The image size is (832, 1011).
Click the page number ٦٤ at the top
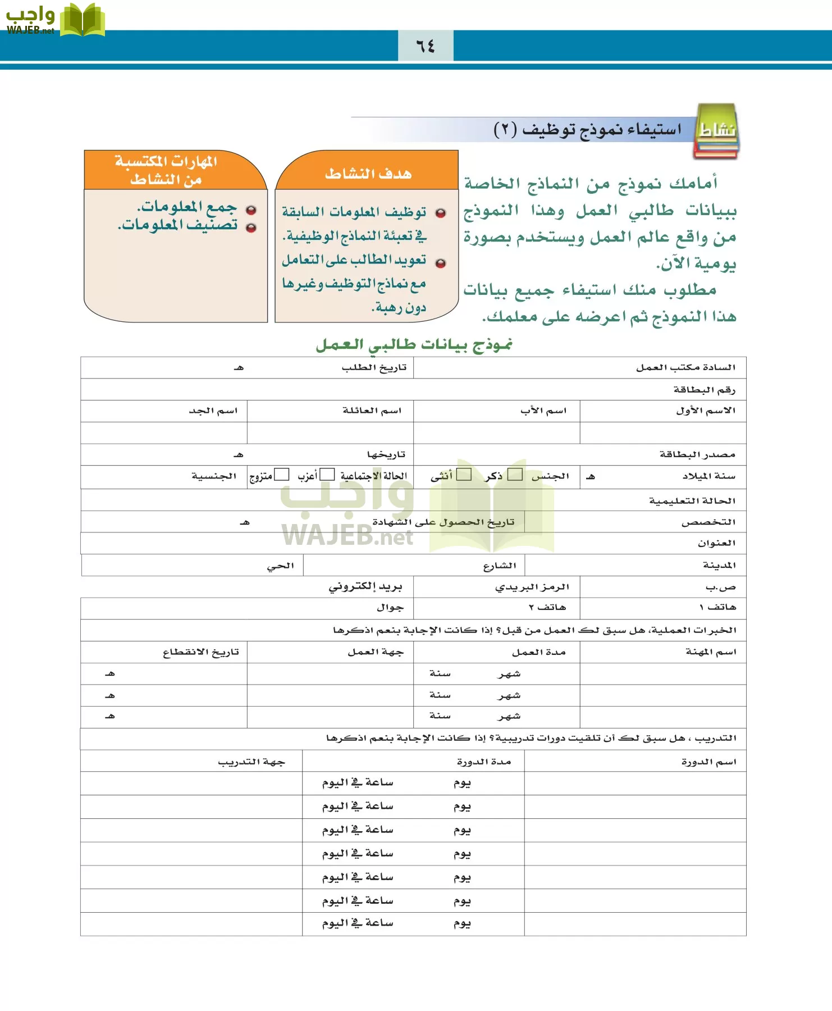(426, 45)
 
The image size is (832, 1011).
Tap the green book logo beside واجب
(82, 20)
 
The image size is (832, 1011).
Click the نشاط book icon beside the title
(716, 131)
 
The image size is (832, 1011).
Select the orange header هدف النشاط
(368, 173)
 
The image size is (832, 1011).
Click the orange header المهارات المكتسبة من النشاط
(166, 170)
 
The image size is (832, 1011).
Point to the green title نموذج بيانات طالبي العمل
(414, 344)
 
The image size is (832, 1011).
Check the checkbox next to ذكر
(514, 475)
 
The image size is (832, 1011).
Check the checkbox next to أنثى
(464, 475)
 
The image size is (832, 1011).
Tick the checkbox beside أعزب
(327, 475)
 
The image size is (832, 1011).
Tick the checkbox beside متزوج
(281, 475)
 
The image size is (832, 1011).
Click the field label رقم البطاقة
(704, 389)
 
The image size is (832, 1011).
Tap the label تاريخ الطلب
(374, 367)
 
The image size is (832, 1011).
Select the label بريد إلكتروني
(365, 586)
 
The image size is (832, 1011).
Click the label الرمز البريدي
(532, 586)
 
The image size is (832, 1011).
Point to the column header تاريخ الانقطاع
(200, 652)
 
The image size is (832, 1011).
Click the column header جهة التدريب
(251, 762)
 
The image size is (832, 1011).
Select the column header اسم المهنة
(710, 652)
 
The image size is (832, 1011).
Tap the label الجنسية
(213, 476)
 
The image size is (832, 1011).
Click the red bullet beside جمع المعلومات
(251, 210)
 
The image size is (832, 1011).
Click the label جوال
(390, 607)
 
